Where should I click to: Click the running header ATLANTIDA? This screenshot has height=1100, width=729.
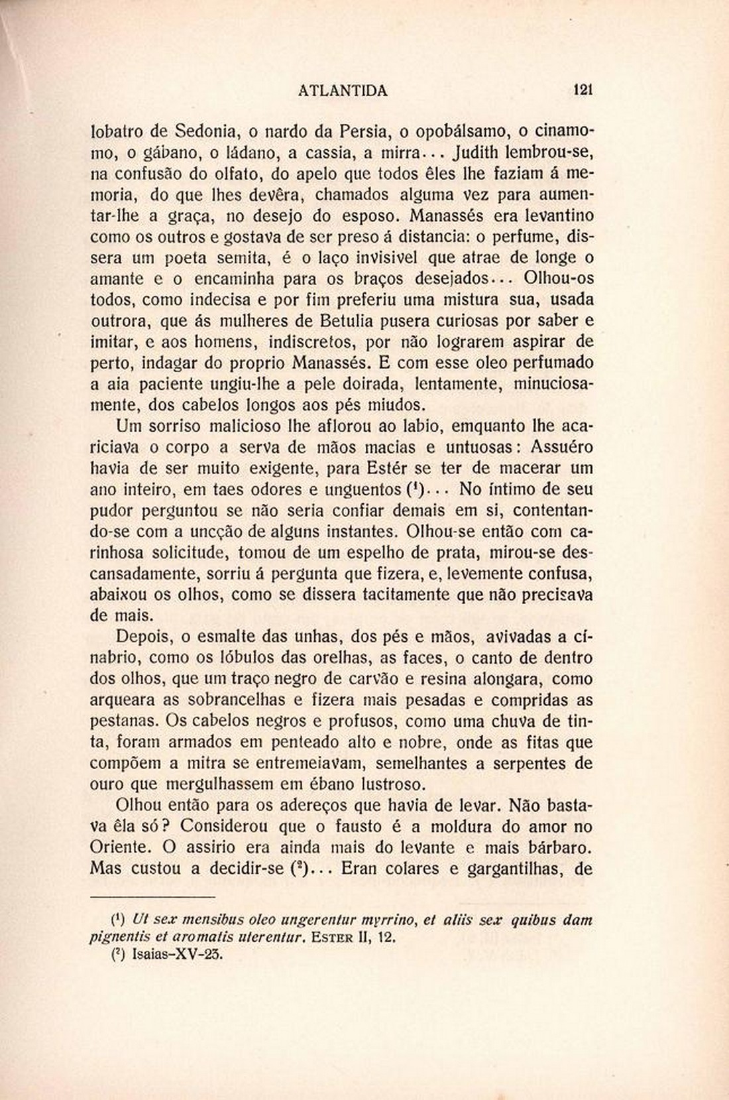coord(343,91)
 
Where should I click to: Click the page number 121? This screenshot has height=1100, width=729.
coord(583,90)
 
